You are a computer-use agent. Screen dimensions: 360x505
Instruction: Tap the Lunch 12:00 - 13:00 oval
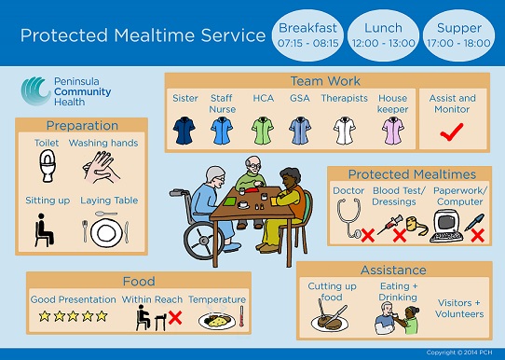click(x=383, y=35)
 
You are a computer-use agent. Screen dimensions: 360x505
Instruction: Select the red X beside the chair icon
click(x=173, y=319)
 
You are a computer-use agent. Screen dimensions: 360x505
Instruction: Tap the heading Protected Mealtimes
click(x=411, y=174)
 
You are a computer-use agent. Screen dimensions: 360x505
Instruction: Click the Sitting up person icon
click(x=41, y=228)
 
